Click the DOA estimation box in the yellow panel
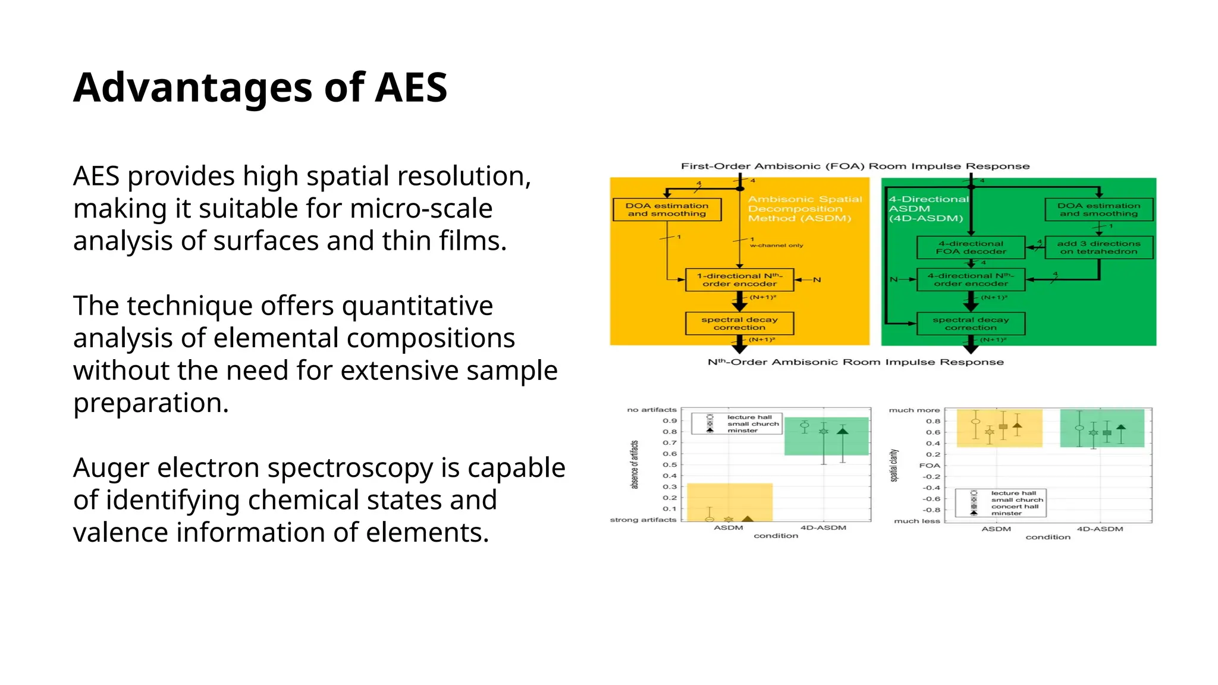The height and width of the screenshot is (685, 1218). [667, 209]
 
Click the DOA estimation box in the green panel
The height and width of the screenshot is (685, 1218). [1098, 209]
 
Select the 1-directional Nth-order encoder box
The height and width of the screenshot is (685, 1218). [739, 279]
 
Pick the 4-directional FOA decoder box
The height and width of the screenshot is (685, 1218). [971, 247]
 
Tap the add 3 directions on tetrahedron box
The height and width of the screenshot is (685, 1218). [1098, 247]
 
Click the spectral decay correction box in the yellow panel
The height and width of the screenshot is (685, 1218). [739, 323]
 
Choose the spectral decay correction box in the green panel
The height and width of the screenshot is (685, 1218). [971, 323]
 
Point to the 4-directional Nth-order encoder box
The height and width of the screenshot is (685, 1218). [971, 279]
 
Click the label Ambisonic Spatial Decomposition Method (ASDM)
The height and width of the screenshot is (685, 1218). [804, 209]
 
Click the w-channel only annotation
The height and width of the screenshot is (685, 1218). [776, 245]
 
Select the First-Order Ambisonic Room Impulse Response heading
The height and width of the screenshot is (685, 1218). [855, 166]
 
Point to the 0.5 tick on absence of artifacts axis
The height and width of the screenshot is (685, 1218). [670, 464]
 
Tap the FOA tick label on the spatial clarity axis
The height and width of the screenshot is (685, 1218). [930, 466]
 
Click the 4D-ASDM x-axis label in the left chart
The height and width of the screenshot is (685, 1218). [823, 527]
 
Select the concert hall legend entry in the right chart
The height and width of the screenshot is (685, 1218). [1015, 507]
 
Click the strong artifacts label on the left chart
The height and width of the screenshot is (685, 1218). [643, 520]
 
